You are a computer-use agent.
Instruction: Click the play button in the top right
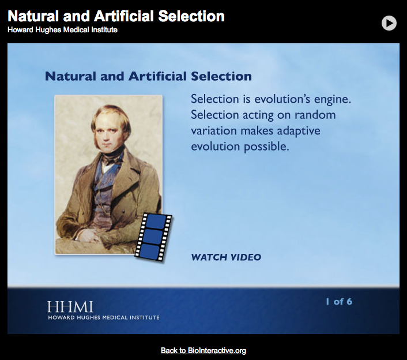pos(389,22)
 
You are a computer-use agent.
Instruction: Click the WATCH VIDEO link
pos(225,257)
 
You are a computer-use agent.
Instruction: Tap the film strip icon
pos(153,235)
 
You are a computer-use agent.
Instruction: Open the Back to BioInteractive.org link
pos(203,350)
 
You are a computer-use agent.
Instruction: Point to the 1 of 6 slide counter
pos(338,301)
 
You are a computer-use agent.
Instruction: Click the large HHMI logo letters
pos(70,306)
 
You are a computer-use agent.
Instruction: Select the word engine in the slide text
pos(330,99)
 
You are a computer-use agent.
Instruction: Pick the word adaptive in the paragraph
pos(298,131)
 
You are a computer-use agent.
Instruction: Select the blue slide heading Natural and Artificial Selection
pos(148,76)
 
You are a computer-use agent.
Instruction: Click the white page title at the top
pos(116,16)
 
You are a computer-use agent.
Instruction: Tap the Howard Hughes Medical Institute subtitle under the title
pos(62,29)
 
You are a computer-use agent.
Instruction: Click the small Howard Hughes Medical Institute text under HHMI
pos(103,317)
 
